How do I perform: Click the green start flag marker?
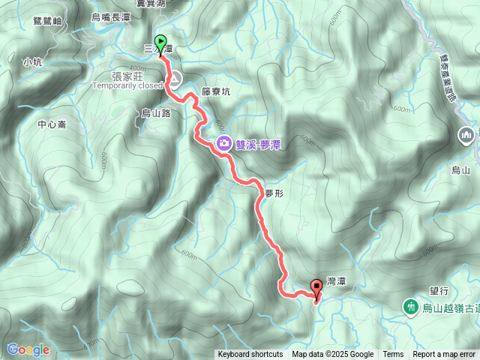[160, 42]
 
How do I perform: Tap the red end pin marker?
[316, 286]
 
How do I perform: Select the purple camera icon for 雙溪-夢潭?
[223, 143]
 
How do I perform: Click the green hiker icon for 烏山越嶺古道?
[410, 306]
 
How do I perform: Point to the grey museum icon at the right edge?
[466, 135]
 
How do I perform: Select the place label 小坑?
[32, 62]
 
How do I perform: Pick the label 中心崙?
[52, 124]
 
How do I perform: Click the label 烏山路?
[156, 112]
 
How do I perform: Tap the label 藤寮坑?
[216, 91]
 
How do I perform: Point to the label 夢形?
[274, 193]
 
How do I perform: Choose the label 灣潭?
[336, 280]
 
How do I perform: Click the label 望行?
[439, 289]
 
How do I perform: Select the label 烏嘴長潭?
[110, 16]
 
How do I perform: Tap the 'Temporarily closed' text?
[127, 85]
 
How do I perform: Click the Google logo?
[28, 349]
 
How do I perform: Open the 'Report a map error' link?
[444, 355]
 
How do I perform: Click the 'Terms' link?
[393, 355]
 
